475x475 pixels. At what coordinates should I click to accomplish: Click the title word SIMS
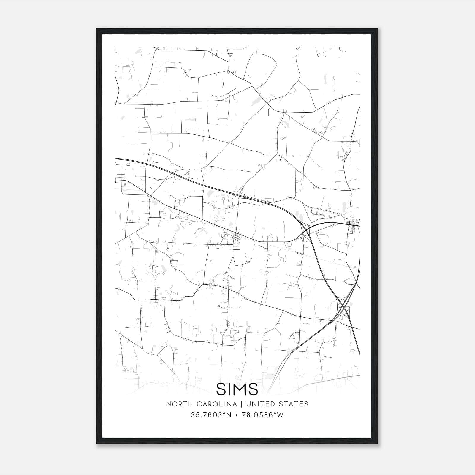237,389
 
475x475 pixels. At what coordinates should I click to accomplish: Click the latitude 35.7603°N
211,415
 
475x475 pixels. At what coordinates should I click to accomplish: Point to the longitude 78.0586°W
263,415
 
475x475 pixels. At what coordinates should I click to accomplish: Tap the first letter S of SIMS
221,389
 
